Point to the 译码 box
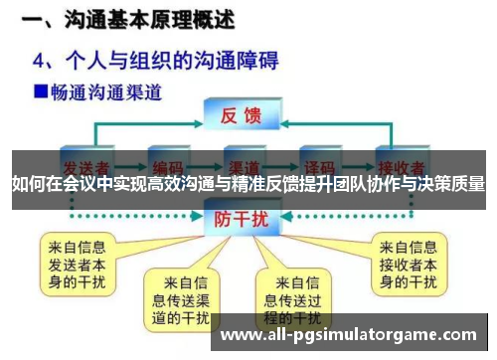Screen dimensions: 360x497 [319, 163]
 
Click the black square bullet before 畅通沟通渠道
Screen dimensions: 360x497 [41, 92]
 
